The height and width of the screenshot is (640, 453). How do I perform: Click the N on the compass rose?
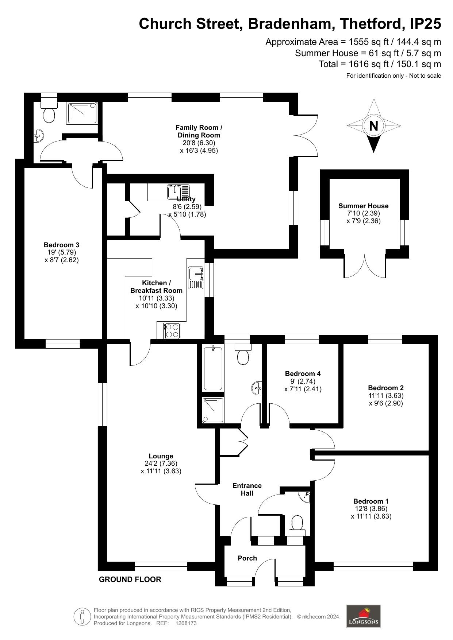pos(373,126)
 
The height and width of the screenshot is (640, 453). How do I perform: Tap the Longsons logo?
pos(363,616)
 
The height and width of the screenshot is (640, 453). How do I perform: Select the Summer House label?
pos(364,206)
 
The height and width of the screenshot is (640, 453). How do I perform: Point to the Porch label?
pos(247,558)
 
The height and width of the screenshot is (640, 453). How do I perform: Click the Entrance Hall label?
pos(247,489)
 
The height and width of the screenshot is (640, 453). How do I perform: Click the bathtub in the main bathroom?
pos(213,369)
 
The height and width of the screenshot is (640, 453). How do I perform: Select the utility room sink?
pos(178,192)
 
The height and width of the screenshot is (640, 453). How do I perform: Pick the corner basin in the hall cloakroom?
pos(304,497)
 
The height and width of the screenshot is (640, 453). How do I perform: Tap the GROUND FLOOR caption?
pos(130,579)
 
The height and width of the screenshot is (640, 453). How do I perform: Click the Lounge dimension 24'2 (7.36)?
pos(161,463)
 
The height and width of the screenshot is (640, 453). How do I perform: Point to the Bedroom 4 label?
pos(303,373)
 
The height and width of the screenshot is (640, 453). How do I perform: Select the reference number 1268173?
pos(186,623)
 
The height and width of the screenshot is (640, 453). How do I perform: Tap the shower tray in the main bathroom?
pos(213,411)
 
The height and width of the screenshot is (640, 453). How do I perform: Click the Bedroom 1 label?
pos(371,501)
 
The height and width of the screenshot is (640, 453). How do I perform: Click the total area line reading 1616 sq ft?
pos(380,64)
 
